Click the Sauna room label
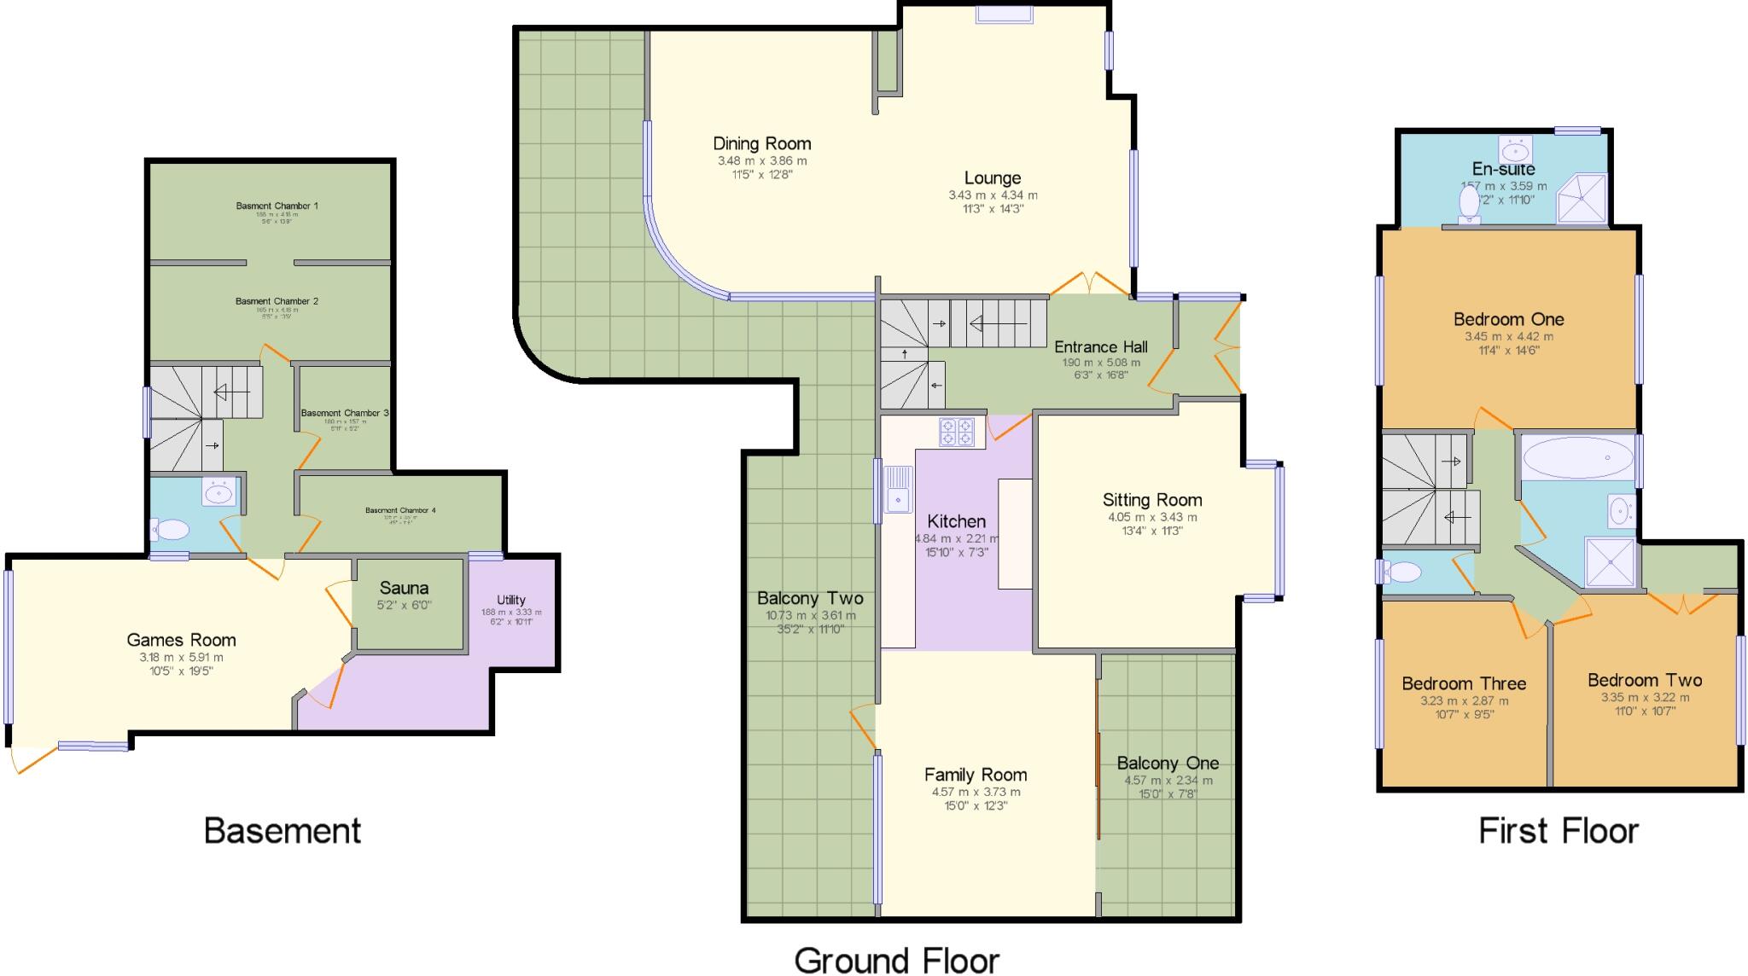404,588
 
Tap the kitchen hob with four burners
957,432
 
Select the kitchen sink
898,490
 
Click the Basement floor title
283,830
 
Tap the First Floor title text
1559,830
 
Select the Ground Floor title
897,960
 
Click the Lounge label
993,177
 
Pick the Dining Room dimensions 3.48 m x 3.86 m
762,160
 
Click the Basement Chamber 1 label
277,206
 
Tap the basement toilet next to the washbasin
171,531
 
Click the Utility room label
511,600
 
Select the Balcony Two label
810,598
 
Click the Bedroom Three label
1464,683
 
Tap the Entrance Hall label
1100,346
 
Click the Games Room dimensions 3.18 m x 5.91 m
181,658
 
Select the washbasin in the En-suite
1515,151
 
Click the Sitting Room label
1152,500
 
